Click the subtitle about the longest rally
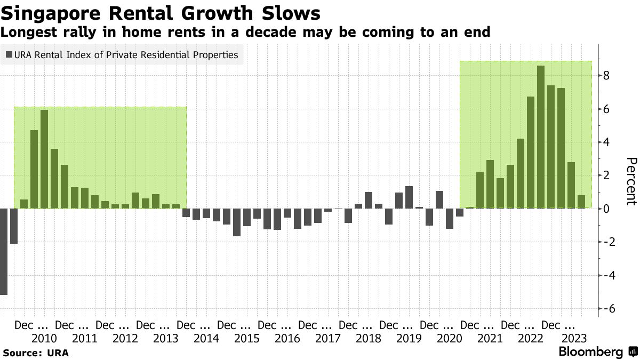[245, 32]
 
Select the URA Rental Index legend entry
[122, 54]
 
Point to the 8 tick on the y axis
[606, 76]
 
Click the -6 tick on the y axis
[607, 309]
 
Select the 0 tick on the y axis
[606, 209]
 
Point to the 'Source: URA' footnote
[36, 353]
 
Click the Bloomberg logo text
[590, 352]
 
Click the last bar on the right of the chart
[581, 202]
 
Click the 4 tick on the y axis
[606, 142]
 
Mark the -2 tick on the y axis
[607, 242]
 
